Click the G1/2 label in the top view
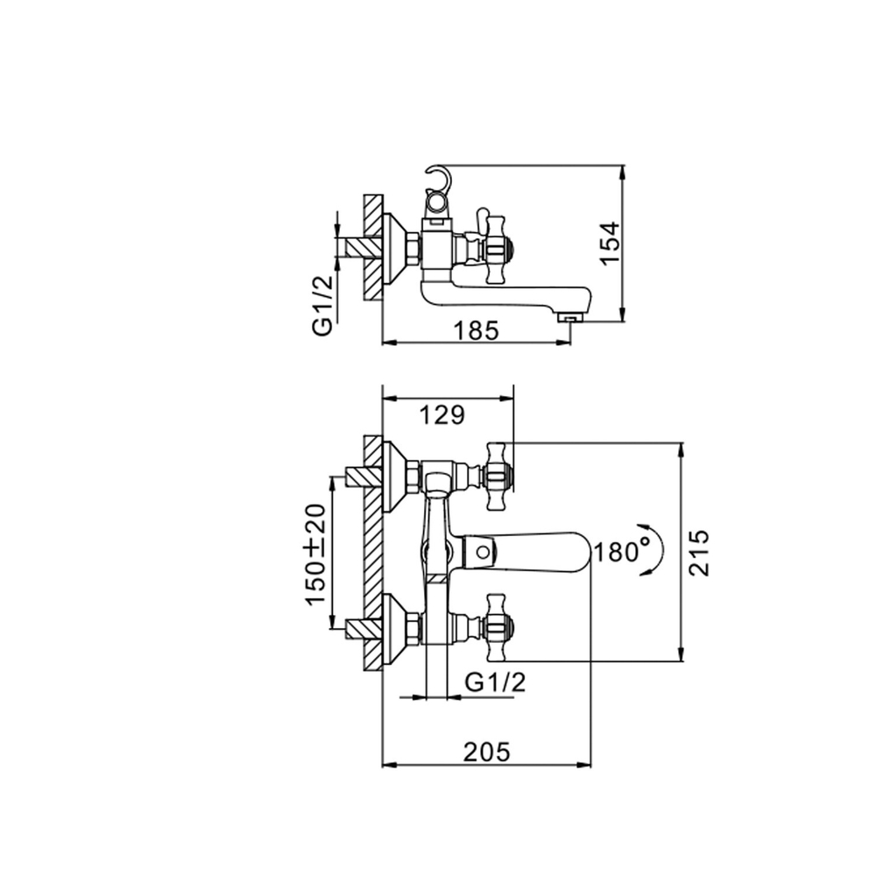pyautogui.click(x=321, y=302)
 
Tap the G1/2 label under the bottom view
pyautogui.click(x=496, y=682)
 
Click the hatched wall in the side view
pyautogui.click(x=374, y=245)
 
